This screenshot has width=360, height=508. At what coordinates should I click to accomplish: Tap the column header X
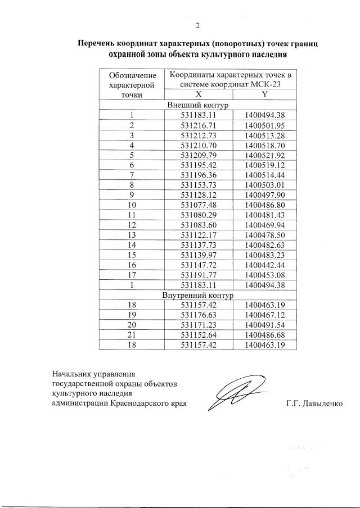198,94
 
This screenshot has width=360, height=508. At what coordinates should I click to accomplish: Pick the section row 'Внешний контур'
197,104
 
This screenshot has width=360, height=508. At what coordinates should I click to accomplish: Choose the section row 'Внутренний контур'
197,294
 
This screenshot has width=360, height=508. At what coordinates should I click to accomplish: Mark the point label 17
131,275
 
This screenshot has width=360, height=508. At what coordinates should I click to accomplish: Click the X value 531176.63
198,315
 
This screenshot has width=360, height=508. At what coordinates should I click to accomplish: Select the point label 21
131,335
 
